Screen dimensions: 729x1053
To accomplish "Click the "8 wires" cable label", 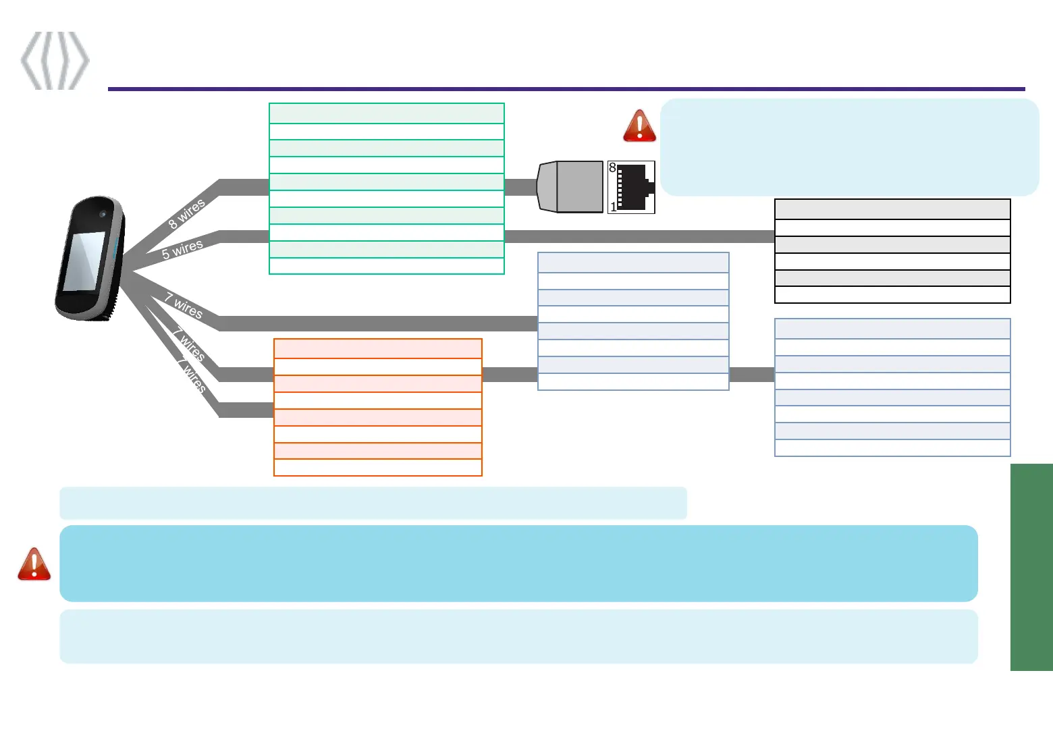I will (x=186, y=214).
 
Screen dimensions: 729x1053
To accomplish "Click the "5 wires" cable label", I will (x=182, y=250).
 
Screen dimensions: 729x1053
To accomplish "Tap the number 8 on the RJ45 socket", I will (x=612, y=167).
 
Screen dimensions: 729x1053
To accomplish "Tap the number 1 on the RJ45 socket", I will (x=613, y=207).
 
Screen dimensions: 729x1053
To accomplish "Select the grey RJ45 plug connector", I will (x=570, y=187).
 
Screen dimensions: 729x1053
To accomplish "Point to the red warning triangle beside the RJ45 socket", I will (x=639, y=126).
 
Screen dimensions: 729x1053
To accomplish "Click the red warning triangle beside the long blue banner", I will (x=34, y=564).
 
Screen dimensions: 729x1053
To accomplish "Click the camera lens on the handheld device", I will (x=103, y=214).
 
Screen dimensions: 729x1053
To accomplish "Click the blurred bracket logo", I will (x=55, y=60).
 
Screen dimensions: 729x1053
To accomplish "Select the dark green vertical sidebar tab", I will (x=1031, y=567).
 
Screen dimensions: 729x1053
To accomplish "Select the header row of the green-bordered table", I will (x=386, y=113).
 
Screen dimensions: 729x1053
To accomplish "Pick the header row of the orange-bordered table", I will (x=377, y=348).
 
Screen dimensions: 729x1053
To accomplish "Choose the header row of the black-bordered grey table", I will (x=892, y=209).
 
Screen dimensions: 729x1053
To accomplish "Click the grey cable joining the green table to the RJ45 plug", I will (x=520, y=187).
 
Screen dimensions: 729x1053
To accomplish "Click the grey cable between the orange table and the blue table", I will (x=510, y=374).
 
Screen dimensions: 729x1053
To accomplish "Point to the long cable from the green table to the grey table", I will (x=639, y=236).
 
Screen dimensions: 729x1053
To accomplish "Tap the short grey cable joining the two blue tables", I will (x=752, y=374).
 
